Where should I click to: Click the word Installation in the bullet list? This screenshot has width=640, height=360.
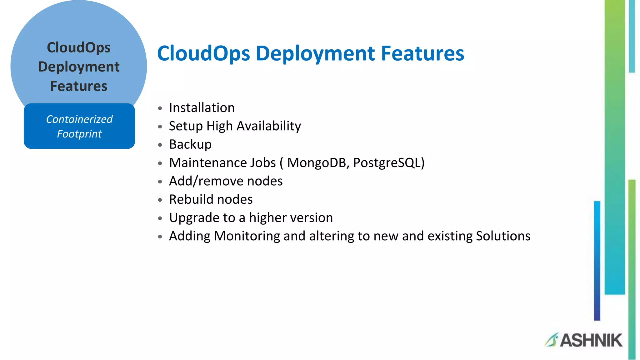tap(202, 108)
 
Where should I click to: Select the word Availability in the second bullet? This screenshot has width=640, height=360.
tap(269, 126)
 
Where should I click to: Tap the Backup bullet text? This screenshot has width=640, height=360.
tap(190, 144)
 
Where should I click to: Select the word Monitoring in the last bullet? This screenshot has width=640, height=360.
tap(247, 236)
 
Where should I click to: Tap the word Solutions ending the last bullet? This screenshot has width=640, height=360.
tap(503, 236)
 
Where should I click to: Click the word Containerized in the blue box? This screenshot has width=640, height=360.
tap(79, 119)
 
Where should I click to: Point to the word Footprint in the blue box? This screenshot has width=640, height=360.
tap(79, 134)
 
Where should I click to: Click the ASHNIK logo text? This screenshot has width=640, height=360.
tap(591, 340)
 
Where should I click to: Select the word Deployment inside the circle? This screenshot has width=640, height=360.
tap(79, 67)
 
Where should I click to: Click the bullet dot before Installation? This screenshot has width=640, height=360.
tap(160, 108)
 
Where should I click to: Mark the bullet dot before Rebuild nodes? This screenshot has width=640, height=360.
tap(160, 200)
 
